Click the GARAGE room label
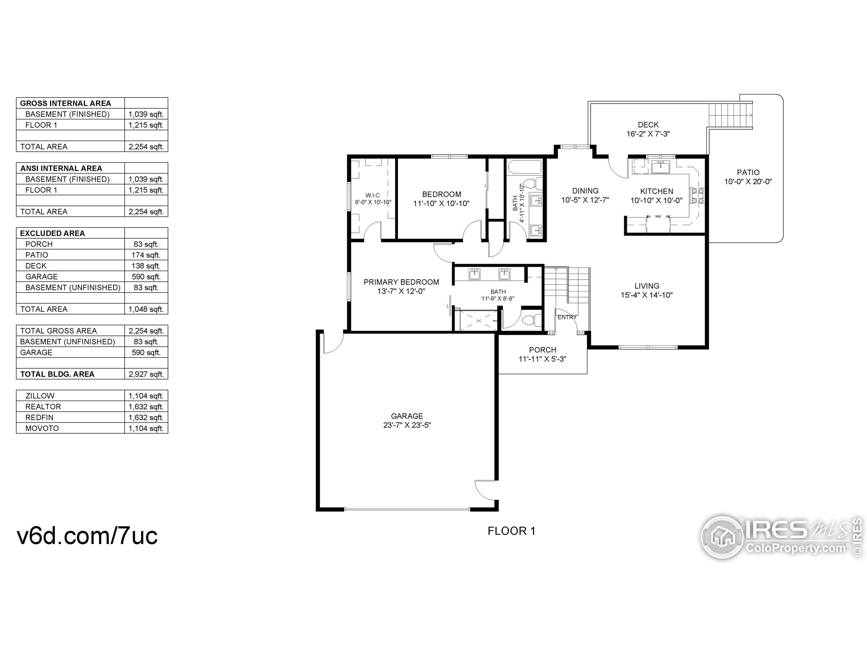point(407,416)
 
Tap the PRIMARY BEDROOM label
point(401,282)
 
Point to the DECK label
point(648,125)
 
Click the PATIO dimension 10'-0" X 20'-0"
point(748,182)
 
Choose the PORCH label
point(543,350)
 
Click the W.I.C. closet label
point(373,195)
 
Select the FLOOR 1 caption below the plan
point(511,531)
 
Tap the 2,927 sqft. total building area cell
point(146,374)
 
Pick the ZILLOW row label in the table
point(40,396)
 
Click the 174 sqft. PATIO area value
point(146,255)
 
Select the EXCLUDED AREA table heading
point(52,233)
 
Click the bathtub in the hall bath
point(524,168)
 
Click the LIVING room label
point(647,286)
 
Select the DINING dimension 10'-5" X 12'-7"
point(585,200)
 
